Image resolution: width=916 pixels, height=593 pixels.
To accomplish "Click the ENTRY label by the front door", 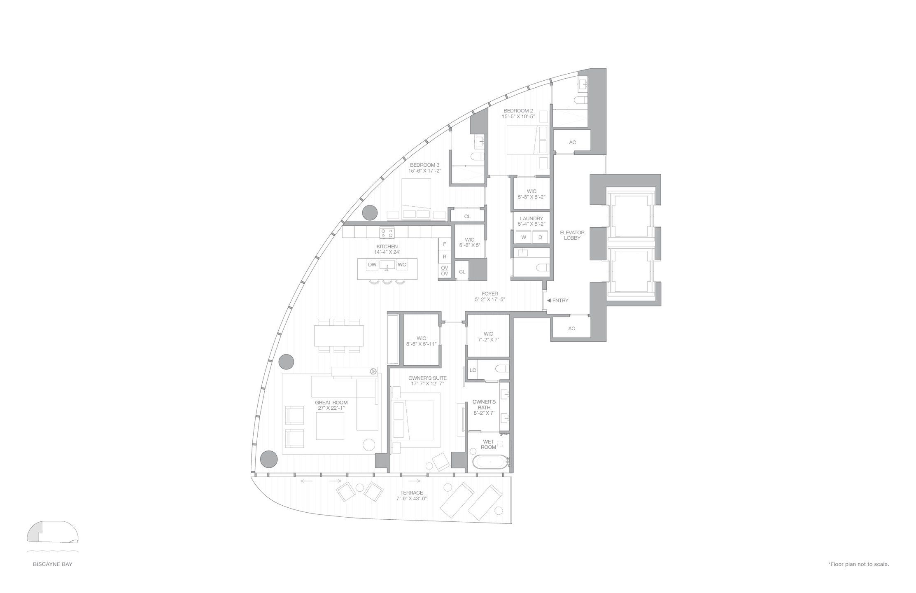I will tap(560, 301).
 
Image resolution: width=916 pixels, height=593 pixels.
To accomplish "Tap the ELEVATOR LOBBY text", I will tap(572, 235).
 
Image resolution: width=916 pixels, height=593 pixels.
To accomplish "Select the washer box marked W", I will tap(524, 237).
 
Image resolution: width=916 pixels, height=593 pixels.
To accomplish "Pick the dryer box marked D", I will tap(540, 237).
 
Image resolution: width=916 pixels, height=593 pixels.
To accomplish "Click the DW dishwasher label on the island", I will tap(372, 264).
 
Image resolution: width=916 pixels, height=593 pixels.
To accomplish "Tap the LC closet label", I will tap(473, 370).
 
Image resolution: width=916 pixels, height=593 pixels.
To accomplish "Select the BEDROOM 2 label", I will tap(518, 111).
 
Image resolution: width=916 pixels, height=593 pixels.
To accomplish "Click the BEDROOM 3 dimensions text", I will tap(424, 170).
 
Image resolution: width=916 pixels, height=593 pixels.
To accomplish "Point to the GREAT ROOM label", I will tap(331, 402).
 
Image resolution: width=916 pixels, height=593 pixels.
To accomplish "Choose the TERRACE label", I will tap(411, 493).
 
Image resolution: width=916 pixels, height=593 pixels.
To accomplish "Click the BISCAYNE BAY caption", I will tap(53, 564).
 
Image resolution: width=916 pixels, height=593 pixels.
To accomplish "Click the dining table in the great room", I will tap(339, 336).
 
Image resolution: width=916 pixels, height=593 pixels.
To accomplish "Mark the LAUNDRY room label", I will tap(531, 218).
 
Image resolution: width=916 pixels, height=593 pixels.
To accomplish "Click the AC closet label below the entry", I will tap(571, 329).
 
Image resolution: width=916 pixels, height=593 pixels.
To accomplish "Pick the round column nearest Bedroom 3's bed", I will tap(369, 212).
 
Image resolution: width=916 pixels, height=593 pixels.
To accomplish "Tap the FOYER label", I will tap(490, 294).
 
